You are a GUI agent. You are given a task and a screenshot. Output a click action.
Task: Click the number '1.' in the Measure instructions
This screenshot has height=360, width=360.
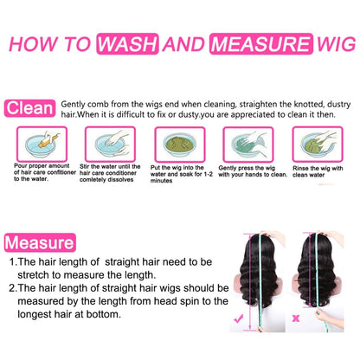click(12, 260)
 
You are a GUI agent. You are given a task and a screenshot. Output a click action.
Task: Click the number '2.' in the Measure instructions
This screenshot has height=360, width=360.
click(12, 288)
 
